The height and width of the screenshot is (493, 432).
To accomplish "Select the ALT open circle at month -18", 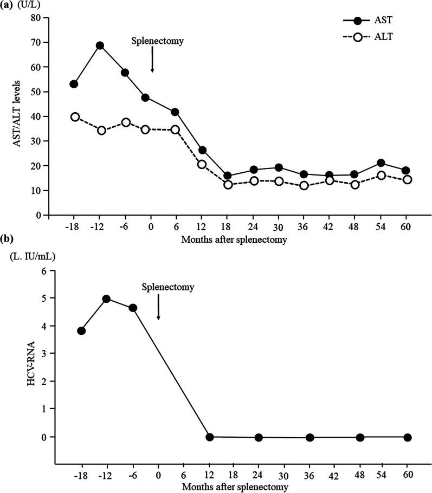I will pos(75,117).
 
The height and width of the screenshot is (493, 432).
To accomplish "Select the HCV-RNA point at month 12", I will pos(209,437).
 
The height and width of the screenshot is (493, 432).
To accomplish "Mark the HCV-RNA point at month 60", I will pos(407,437).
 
